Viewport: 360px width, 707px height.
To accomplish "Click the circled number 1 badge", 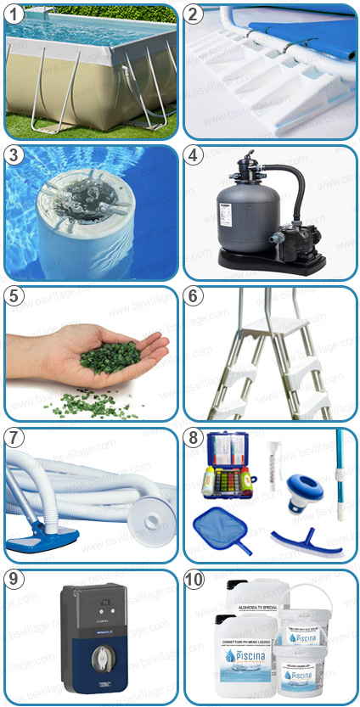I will coord(17,14).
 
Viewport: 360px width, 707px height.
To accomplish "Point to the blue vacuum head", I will coord(42,536).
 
